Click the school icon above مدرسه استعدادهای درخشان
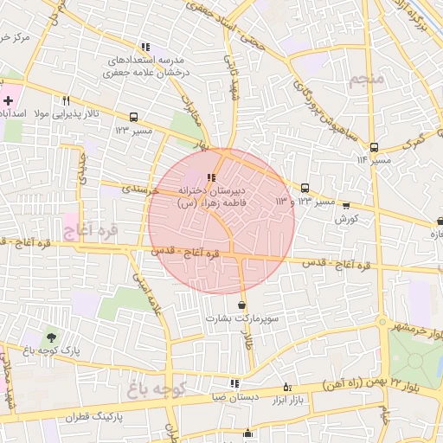click(145, 47)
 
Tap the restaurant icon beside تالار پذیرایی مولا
click(66, 99)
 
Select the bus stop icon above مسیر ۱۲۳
click(133, 116)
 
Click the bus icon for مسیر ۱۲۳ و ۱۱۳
click(305, 188)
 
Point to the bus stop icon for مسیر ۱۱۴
click(374, 147)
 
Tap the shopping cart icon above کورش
click(346, 206)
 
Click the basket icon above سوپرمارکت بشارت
click(241, 305)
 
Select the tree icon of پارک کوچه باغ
click(54, 337)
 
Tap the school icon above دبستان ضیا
click(234, 383)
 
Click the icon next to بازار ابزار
click(287, 387)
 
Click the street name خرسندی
click(138, 186)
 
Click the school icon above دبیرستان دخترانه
click(212, 177)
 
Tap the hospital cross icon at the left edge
click(8, 101)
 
